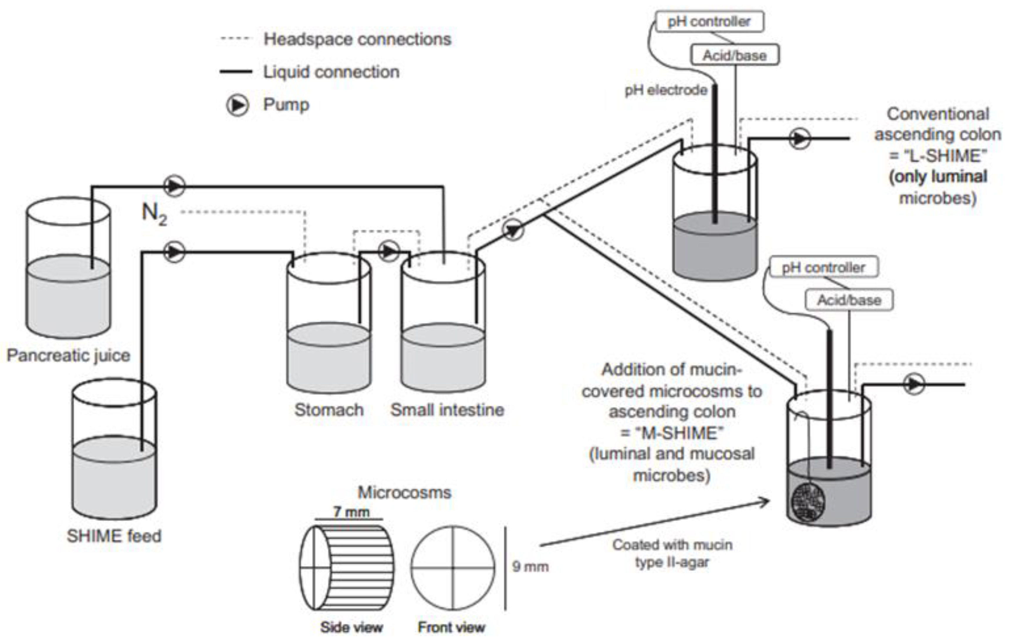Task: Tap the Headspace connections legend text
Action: [x=357, y=39]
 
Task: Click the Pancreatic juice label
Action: [x=68, y=355]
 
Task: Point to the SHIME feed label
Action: [x=114, y=536]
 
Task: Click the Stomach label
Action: [x=329, y=410]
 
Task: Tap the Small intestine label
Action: [x=447, y=410]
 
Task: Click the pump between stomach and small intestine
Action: [x=389, y=251]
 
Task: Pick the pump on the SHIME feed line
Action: [x=174, y=252]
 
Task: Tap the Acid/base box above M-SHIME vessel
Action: [x=849, y=300]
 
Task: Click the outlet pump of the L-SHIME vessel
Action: [x=799, y=139]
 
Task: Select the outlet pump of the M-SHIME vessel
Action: [x=914, y=384]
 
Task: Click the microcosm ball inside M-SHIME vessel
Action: [x=808, y=502]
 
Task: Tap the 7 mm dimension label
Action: [x=351, y=512]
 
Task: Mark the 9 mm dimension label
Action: [x=530, y=567]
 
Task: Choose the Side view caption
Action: [x=351, y=627]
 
